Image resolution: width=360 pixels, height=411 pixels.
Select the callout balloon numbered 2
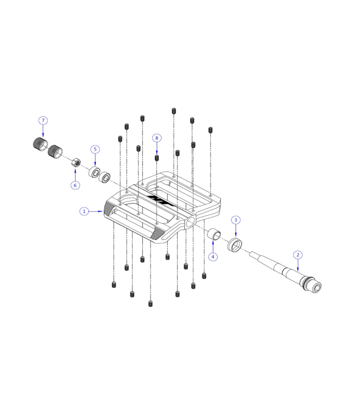tap(297, 254)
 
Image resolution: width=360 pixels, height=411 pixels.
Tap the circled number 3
tap(236, 220)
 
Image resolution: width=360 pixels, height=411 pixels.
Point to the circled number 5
tap(95, 149)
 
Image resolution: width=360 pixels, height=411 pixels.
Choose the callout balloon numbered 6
tap(75, 185)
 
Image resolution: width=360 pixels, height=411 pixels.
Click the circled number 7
tap(43, 120)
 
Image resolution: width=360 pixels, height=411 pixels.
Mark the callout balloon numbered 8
tap(157, 138)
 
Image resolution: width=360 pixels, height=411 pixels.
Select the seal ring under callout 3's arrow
tap(236, 245)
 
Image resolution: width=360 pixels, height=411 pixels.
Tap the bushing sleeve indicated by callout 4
tap(215, 235)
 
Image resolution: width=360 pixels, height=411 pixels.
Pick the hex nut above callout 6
tap(75, 163)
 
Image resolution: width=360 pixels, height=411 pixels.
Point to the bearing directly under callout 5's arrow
tap(95, 172)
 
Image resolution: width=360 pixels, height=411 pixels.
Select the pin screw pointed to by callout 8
tap(157, 158)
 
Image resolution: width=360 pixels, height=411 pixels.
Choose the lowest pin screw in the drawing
tap(150, 304)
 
